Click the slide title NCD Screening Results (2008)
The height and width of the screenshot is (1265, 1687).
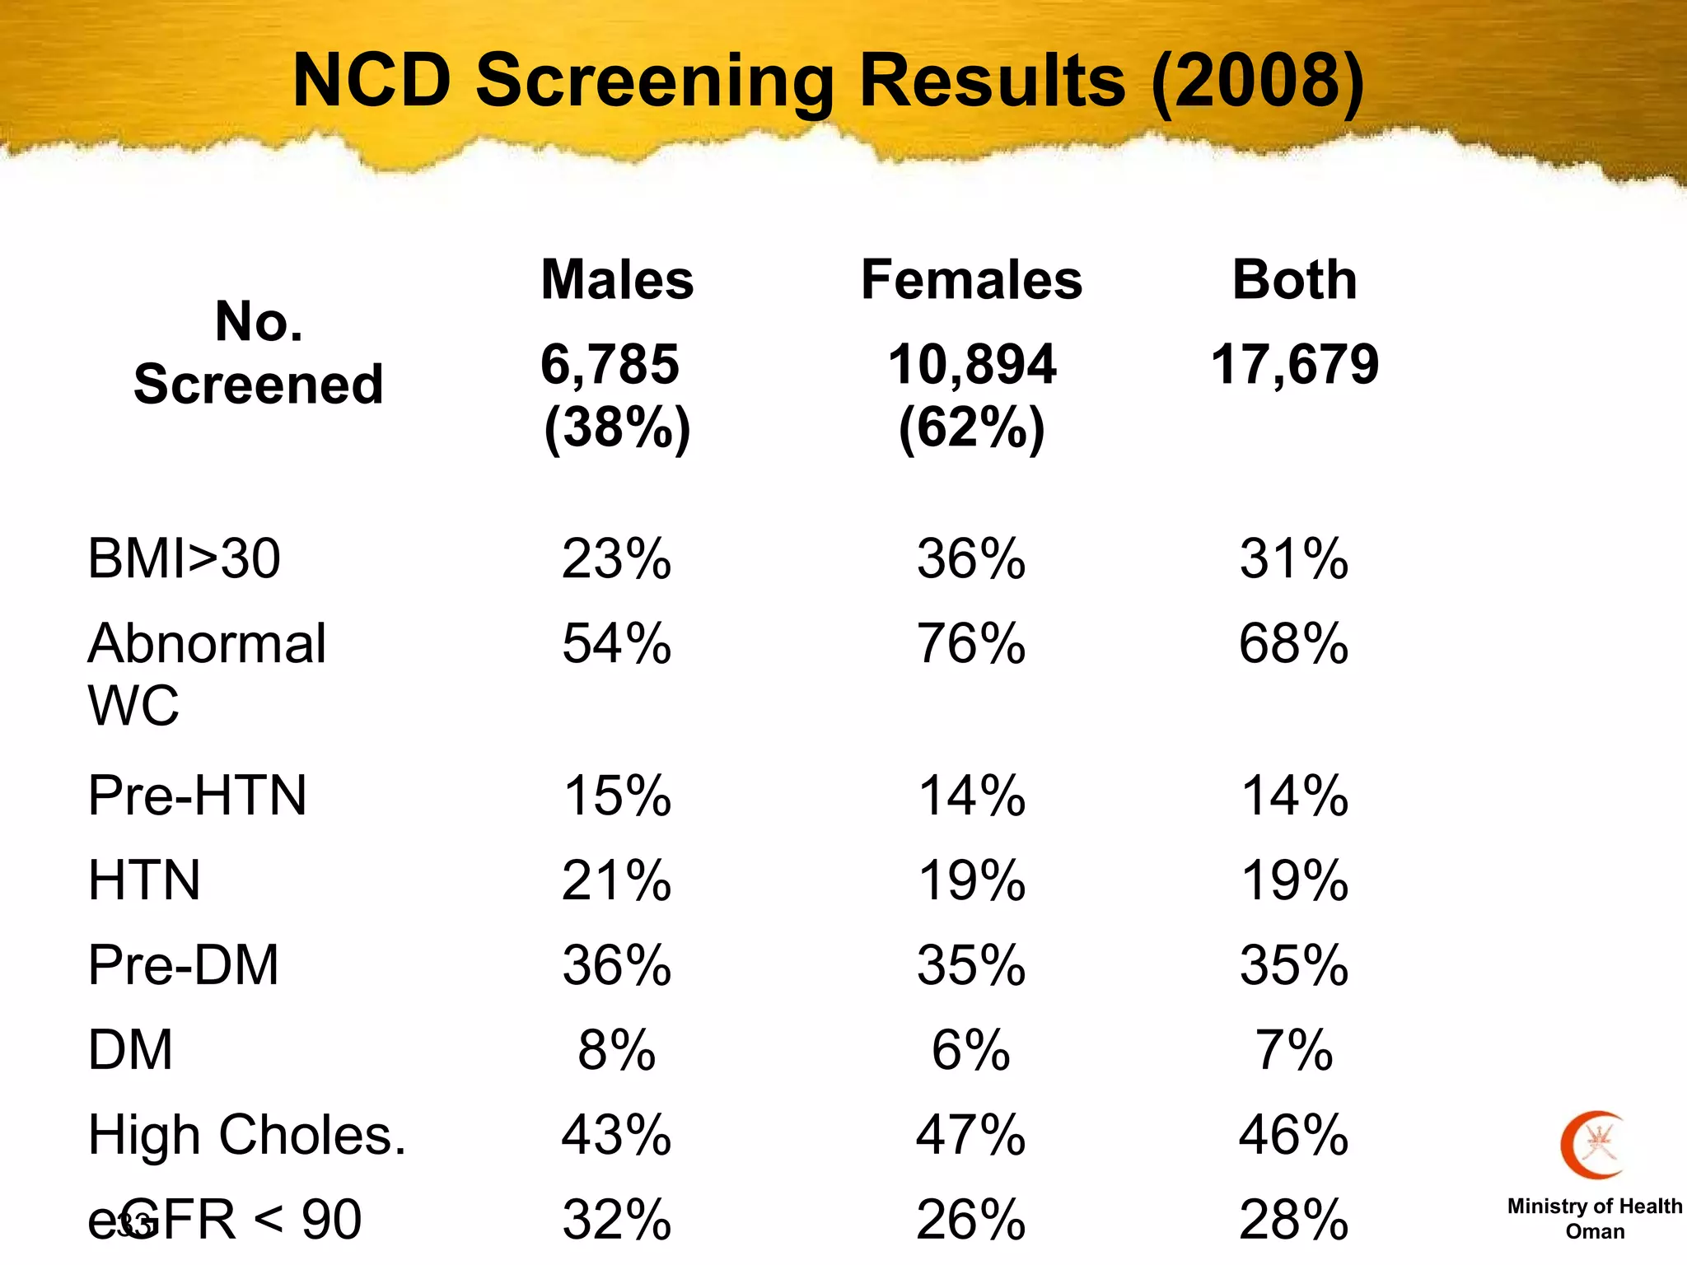[828, 81]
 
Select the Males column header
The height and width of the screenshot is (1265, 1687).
[617, 280]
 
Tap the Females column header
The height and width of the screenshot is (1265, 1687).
[971, 280]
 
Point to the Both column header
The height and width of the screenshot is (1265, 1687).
[1294, 280]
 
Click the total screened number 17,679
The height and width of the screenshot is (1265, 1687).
[1294, 364]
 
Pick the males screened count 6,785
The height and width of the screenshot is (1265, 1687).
[610, 364]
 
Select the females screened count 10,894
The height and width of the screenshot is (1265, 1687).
[972, 364]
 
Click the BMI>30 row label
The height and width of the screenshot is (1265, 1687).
[184, 559]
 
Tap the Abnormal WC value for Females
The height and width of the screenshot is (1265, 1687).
[971, 644]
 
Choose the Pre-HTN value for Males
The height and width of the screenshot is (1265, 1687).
[617, 796]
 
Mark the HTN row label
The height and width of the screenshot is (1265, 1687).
[144, 880]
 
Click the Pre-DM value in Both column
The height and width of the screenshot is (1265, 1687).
[1294, 965]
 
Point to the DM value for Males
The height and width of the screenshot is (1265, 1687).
[617, 1051]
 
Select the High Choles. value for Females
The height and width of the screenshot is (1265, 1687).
[971, 1135]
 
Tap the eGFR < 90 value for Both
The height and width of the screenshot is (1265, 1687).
[1294, 1220]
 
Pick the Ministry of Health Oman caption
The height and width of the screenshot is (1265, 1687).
[1595, 1219]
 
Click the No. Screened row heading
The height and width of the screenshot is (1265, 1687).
[259, 352]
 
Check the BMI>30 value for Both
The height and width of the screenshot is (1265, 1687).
[1294, 559]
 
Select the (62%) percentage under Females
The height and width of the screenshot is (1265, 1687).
[971, 428]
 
